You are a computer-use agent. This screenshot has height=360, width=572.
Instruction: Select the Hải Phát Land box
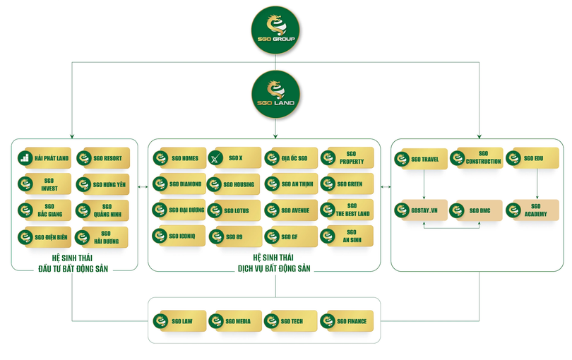pyautogui.click(x=44, y=158)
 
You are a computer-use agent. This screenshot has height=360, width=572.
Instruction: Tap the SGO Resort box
pyautogui.click(x=102, y=158)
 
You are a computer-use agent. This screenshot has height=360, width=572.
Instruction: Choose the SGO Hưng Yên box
pyautogui.click(x=102, y=185)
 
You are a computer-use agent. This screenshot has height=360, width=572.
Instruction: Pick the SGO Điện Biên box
pyautogui.click(x=44, y=237)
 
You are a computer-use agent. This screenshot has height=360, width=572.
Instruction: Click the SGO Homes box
pyautogui.click(x=179, y=158)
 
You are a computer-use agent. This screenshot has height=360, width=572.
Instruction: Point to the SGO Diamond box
pyautogui.click(x=179, y=184)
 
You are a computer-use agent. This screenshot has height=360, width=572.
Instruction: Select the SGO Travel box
pyautogui.click(x=422, y=158)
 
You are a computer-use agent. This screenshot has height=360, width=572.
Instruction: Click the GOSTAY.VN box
pyautogui.click(x=422, y=210)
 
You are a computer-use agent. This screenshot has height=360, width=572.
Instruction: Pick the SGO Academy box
pyautogui.click(x=537, y=210)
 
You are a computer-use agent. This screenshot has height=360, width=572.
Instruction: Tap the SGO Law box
pyautogui.click(x=179, y=321)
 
